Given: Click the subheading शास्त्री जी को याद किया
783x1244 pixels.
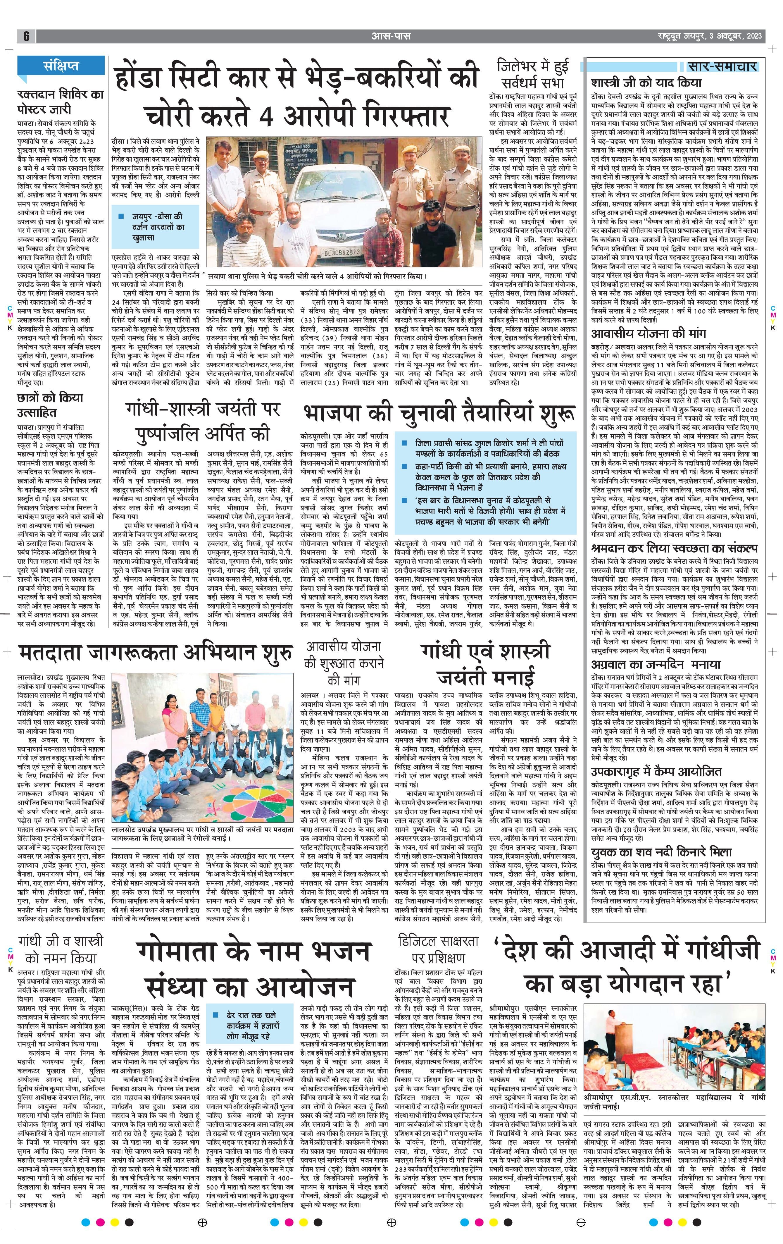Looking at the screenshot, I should point(647,83).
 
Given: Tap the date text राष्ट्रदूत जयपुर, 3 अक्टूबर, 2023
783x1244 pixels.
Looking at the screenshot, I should point(707,36).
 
